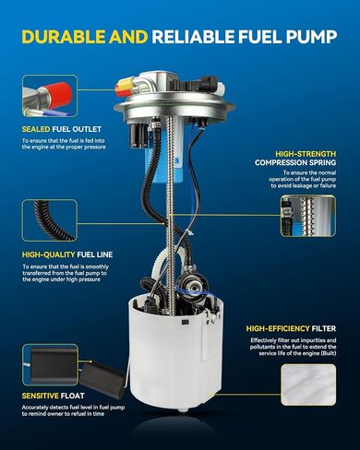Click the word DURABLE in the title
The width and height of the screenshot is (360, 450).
[64, 37]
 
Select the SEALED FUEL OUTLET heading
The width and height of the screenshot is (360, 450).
[62, 129]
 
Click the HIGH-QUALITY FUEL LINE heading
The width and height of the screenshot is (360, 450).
[67, 255]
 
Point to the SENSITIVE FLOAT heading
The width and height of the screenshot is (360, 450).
[53, 396]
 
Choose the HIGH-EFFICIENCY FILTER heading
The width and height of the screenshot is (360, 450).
[291, 328]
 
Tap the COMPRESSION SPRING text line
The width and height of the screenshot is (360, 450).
[295, 162]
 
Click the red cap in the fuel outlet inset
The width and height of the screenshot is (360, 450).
[58, 93]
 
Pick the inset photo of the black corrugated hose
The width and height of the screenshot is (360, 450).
[50, 220]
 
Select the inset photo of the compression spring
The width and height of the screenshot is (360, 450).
[308, 216]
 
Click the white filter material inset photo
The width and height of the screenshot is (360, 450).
[308, 385]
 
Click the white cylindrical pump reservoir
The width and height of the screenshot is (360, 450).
[175, 353]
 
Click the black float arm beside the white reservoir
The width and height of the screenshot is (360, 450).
[102, 379]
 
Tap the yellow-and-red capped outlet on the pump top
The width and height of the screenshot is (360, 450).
[125, 87]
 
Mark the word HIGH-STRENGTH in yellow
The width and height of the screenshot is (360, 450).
[306, 154]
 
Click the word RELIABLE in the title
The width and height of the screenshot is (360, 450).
[193, 37]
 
